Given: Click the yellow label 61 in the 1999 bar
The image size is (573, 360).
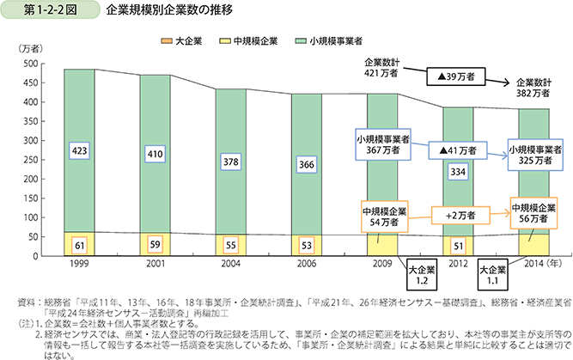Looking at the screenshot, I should coord(78,245).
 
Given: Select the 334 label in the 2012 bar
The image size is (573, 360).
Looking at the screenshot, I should coord(458,172).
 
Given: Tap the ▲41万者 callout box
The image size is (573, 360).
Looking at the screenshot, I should coord(458,150).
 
